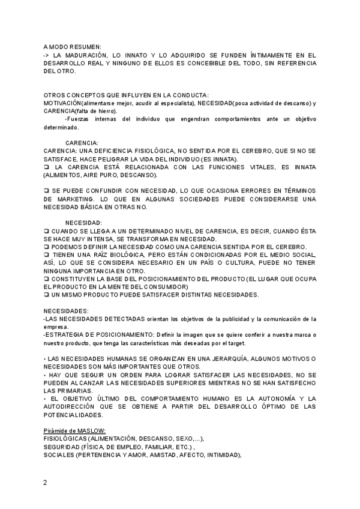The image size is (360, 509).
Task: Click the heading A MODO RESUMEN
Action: click(73, 46)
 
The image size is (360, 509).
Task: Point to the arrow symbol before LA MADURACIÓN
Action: click(47, 55)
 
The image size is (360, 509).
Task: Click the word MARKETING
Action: click(63, 199)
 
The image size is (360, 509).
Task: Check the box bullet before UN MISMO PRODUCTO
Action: click(46, 295)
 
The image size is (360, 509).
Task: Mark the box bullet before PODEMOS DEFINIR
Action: click(46, 247)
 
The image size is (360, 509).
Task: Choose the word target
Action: click(234, 343)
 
